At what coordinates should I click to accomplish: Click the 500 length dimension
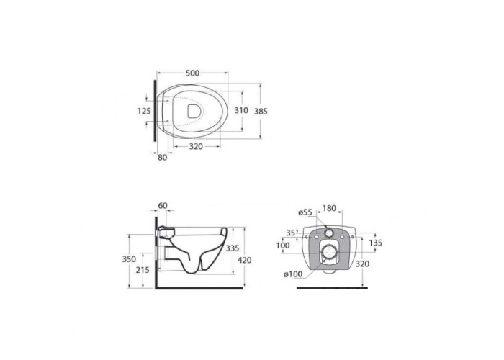point(192,73)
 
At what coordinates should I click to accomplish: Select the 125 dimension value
point(144,111)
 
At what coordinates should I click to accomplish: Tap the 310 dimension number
point(241,111)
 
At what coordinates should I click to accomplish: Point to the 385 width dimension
point(261,111)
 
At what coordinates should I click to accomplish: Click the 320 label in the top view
point(196,147)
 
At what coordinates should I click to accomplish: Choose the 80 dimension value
point(163,158)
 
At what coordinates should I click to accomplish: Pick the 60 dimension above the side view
point(163,205)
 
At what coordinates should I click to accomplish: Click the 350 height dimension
point(129,259)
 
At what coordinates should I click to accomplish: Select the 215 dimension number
point(143,270)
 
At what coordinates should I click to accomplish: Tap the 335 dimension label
point(233,248)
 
